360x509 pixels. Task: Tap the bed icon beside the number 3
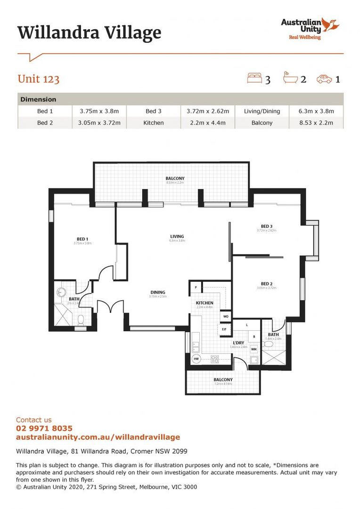[x=254, y=78]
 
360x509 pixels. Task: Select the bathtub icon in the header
[x=289, y=78]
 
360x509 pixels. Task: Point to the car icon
[x=324, y=79]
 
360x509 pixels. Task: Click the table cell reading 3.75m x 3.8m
[x=99, y=111]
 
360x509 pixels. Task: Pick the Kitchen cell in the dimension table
[x=154, y=123]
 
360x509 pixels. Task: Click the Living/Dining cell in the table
[x=262, y=111]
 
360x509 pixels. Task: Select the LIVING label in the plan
[x=177, y=237]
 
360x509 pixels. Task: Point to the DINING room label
[x=157, y=292]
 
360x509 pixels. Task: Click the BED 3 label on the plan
[x=267, y=226]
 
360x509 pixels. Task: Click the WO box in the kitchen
[x=226, y=316]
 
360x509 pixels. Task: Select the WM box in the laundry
[x=254, y=349]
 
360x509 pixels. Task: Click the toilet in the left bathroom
[x=81, y=320]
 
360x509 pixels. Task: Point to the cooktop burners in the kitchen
[x=215, y=359]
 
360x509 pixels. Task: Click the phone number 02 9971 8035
[x=44, y=428]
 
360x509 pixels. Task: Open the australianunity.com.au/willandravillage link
[x=98, y=437]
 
